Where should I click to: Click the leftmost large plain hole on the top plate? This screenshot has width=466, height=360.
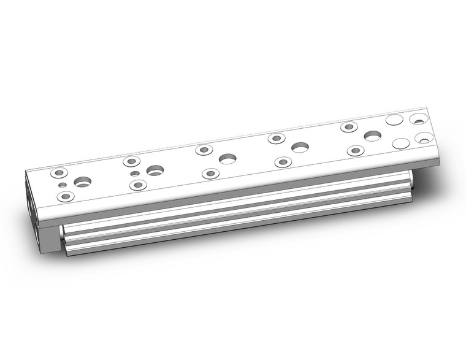point(82,182)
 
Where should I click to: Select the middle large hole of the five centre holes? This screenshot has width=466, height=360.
point(227,159)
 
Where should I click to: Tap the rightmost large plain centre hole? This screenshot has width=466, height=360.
point(373,136)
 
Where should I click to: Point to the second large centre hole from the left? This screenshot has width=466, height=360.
point(155,170)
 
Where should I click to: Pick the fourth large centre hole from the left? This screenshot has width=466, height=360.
point(300,147)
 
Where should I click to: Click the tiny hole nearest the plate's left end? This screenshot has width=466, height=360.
point(61,185)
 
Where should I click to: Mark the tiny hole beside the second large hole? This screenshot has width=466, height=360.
point(134,174)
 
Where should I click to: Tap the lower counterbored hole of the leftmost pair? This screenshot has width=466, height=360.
point(65,196)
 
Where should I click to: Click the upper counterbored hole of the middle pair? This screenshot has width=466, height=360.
point(204,150)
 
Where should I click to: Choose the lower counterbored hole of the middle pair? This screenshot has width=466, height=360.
point(210,174)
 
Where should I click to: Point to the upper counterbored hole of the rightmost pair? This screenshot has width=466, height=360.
point(349,127)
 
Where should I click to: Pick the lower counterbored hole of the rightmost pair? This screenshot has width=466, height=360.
point(356,150)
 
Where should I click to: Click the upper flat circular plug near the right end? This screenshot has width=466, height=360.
point(394,120)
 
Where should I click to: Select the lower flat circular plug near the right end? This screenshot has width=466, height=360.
point(401,144)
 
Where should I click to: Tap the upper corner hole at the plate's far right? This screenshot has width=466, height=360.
point(419,117)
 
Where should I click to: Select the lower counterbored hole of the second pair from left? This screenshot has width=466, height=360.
point(138,185)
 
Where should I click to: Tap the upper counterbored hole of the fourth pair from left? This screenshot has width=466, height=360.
point(277,139)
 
